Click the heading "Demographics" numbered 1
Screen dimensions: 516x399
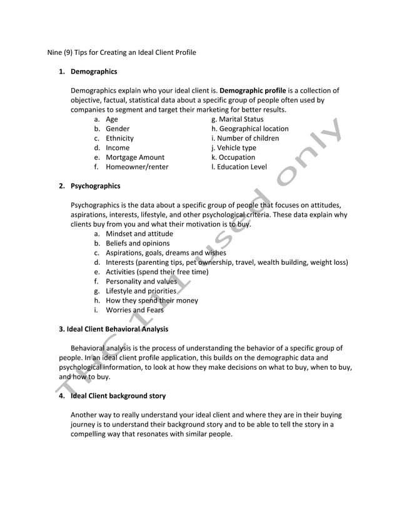(x=93, y=72)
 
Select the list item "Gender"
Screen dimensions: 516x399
(x=118, y=129)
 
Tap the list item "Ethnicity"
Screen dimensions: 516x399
(x=119, y=138)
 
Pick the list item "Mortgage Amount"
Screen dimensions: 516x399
(x=135, y=157)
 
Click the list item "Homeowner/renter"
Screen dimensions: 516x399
(x=137, y=167)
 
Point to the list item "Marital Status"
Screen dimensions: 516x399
(x=241, y=119)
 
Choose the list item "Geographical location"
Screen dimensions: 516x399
(x=253, y=129)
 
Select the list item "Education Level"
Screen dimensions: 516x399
(x=242, y=167)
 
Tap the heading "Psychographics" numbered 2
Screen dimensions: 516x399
(x=95, y=186)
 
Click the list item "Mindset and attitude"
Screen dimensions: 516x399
(x=139, y=234)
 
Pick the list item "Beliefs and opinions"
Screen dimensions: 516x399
(x=138, y=243)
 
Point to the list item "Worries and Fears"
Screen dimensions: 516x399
(x=134, y=309)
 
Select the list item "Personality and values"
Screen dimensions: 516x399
(x=141, y=281)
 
